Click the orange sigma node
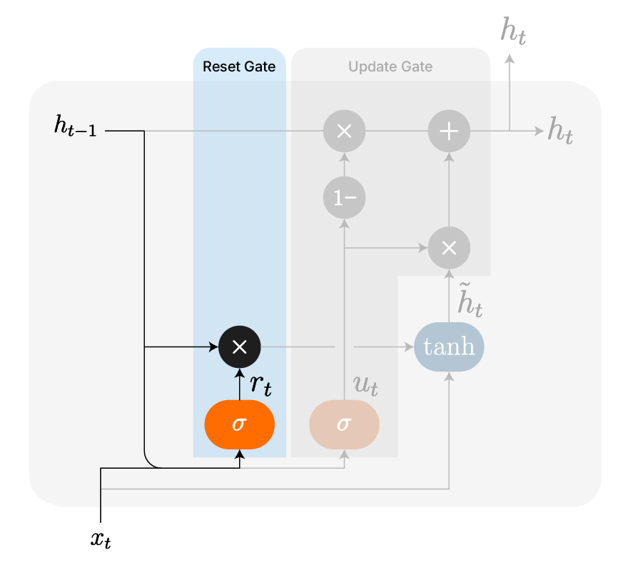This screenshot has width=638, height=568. (240, 424)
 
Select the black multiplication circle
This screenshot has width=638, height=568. (240, 347)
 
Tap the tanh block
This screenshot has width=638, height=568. (449, 347)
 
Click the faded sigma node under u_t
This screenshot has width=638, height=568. (344, 424)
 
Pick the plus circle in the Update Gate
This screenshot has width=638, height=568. (449, 131)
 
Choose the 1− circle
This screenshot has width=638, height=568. (344, 196)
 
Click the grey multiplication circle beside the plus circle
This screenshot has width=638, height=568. (344, 131)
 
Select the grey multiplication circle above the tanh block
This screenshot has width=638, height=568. (449, 247)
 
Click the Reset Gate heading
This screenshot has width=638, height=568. (239, 67)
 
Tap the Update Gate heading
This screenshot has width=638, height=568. (390, 67)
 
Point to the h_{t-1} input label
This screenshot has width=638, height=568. (75, 127)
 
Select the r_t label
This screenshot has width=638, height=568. (260, 385)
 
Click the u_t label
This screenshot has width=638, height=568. (365, 385)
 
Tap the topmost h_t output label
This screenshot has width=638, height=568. (514, 31)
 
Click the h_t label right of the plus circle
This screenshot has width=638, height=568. (560, 132)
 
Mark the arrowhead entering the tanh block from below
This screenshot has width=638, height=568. (449, 378)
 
